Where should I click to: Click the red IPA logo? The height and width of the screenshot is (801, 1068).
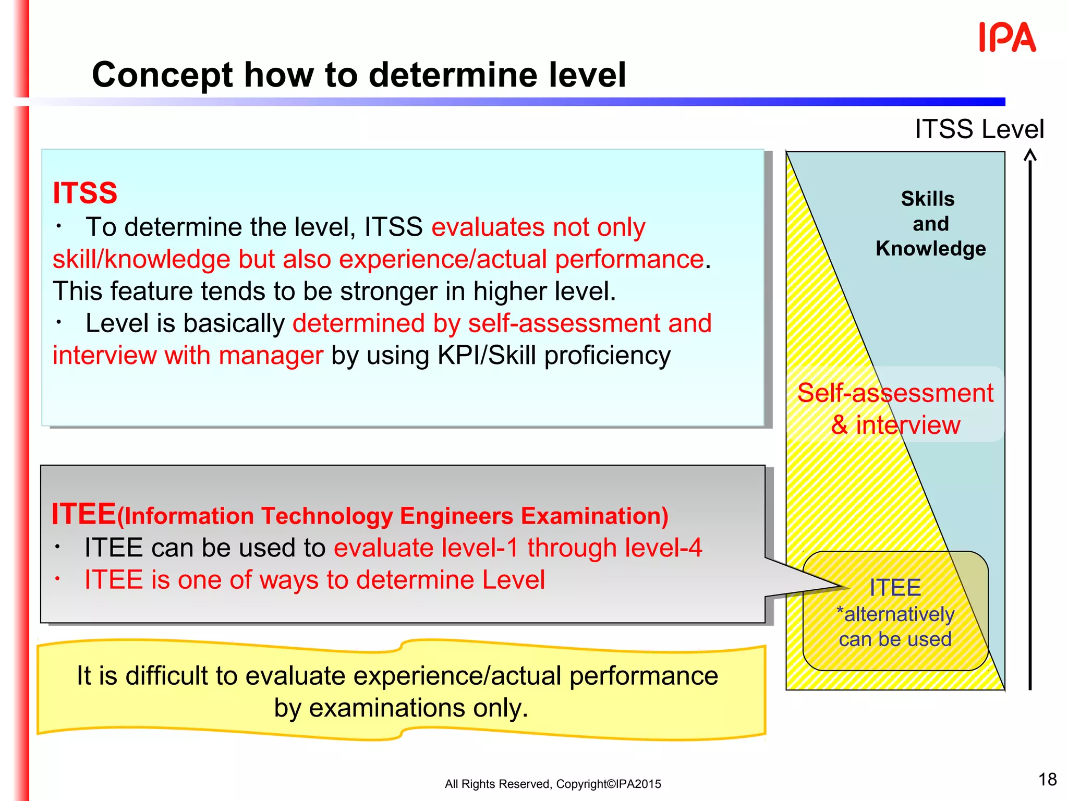coord(1007,38)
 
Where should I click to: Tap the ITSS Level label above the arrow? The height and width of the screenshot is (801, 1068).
coord(979,129)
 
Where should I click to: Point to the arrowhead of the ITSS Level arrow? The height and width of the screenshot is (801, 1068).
coord(1030,155)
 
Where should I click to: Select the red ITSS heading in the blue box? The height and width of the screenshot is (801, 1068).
coord(85,193)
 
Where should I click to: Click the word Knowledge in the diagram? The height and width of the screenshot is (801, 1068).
coord(930,249)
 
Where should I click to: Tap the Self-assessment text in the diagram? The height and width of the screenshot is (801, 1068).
coord(895,393)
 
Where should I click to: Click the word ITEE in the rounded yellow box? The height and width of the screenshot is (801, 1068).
coord(895,588)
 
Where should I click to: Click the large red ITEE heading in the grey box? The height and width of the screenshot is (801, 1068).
coord(83,514)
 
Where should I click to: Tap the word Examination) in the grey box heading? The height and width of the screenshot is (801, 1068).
coord(594,516)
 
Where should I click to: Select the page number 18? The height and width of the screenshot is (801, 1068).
coord(1047,779)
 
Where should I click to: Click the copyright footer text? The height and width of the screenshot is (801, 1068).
coord(553,784)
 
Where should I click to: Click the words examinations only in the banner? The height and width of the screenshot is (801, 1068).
coord(418,708)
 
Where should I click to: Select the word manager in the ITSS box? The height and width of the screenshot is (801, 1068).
coord(271,356)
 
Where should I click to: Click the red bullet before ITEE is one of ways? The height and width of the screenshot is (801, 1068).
coord(58,579)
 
